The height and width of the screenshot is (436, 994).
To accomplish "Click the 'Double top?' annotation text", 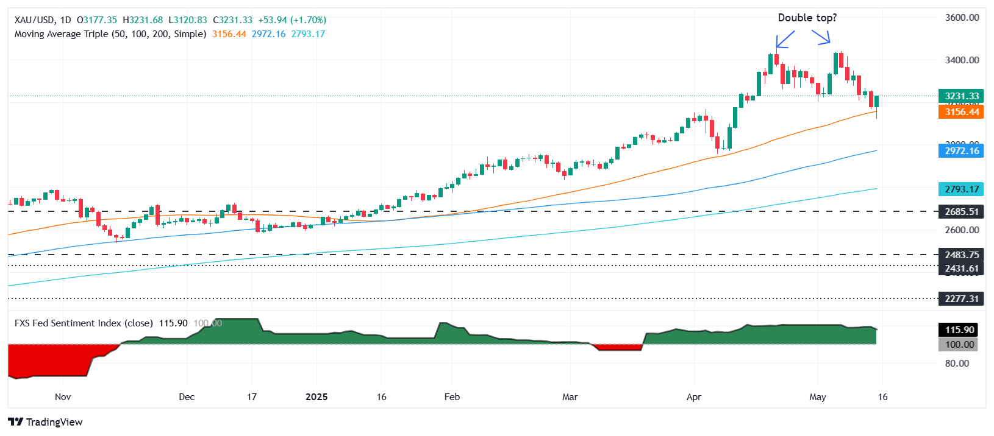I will (x=807, y=18).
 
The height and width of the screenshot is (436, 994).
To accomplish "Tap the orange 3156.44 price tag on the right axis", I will (x=961, y=112).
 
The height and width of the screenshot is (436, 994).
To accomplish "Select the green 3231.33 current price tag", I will (x=961, y=96).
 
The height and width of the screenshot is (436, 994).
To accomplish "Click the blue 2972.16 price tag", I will (x=961, y=151).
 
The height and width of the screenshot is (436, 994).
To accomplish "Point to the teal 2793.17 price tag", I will (x=961, y=189).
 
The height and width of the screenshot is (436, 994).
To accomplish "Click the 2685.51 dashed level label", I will (x=961, y=212).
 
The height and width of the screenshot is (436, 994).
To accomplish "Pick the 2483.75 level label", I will (x=961, y=255).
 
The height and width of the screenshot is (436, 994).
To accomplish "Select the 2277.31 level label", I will (x=961, y=299).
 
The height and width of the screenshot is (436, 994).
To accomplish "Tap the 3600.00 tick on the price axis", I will (x=962, y=18).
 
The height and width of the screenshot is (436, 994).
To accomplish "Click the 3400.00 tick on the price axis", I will (x=962, y=60).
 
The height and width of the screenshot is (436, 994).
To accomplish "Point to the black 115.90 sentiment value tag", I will (x=959, y=330).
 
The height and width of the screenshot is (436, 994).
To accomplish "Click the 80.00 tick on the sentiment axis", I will (x=957, y=364).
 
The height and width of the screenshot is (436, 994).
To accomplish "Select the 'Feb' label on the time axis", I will (x=452, y=397).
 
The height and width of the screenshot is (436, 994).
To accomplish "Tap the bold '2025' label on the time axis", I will (x=316, y=397).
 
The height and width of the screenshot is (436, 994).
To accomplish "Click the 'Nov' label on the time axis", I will (x=63, y=397).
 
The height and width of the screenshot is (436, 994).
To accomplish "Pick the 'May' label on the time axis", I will (x=817, y=397).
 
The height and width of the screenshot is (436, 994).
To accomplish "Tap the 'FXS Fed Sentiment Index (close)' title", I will (x=84, y=323).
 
